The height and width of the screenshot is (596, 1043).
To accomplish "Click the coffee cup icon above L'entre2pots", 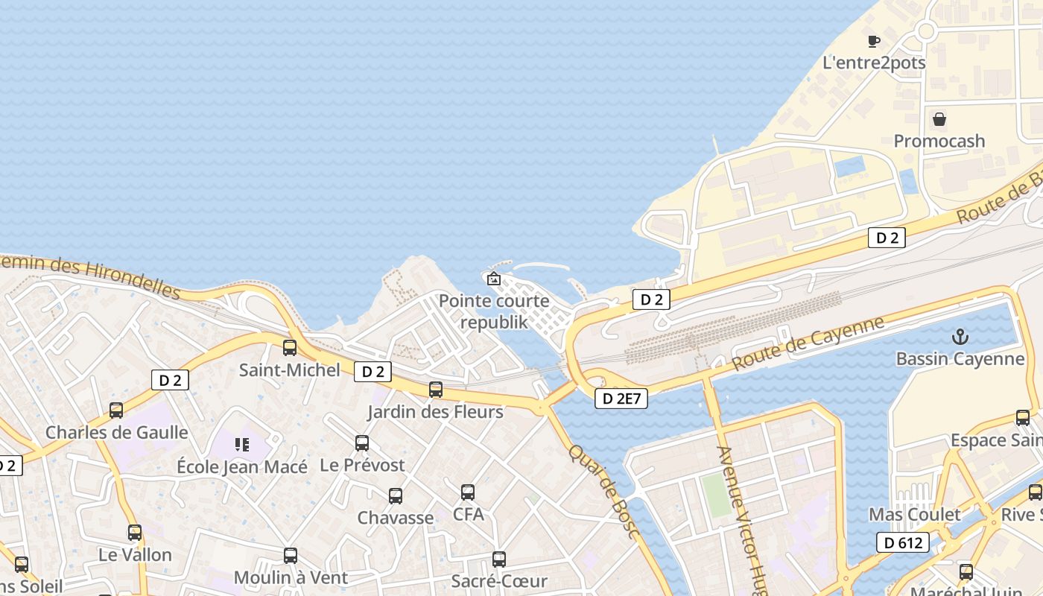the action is pyautogui.click(x=874, y=41).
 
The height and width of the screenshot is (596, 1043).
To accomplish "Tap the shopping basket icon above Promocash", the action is pyautogui.click(x=939, y=119).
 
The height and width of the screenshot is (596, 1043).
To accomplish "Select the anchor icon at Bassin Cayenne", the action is pyautogui.click(x=960, y=337).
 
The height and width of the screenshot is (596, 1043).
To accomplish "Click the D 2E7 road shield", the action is pyautogui.click(x=621, y=399).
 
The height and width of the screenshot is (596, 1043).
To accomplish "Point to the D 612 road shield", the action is pyautogui.click(x=902, y=542).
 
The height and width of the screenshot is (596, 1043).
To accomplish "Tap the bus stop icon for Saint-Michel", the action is pyautogui.click(x=290, y=348).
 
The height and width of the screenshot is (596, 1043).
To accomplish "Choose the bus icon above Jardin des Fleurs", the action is pyautogui.click(x=436, y=390).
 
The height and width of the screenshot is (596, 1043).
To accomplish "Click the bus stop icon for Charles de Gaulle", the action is pyautogui.click(x=116, y=410).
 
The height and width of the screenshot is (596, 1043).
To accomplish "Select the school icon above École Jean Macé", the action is pyautogui.click(x=242, y=445).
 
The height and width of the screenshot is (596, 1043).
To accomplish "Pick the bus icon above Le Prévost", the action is pyautogui.click(x=362, y=443).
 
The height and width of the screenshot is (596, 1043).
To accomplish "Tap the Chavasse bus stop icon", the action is pyautogui.click(x=396, y=496).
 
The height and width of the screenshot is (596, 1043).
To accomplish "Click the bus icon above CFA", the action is pyautogui.click(x=468, y=492).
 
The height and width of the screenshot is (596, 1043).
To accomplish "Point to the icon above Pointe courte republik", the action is pyautogui.click(x=493, y=279).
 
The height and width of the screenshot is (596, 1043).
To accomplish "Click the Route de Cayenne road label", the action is pyautogui.click(x=808, y=343).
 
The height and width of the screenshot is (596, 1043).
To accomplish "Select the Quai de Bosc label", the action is pyautogui.click(x=604, y=491).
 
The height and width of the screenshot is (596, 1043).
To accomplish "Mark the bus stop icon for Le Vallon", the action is pyautogui.click(x=135, y=533).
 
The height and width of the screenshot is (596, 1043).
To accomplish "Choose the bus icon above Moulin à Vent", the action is pyautogui.click(x=291, y=556).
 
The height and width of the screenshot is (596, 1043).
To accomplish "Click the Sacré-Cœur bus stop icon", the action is pyautogui.click(x=499, y=559).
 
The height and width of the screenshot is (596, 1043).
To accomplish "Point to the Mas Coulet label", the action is pyautogui.click(x=915, y=515).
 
